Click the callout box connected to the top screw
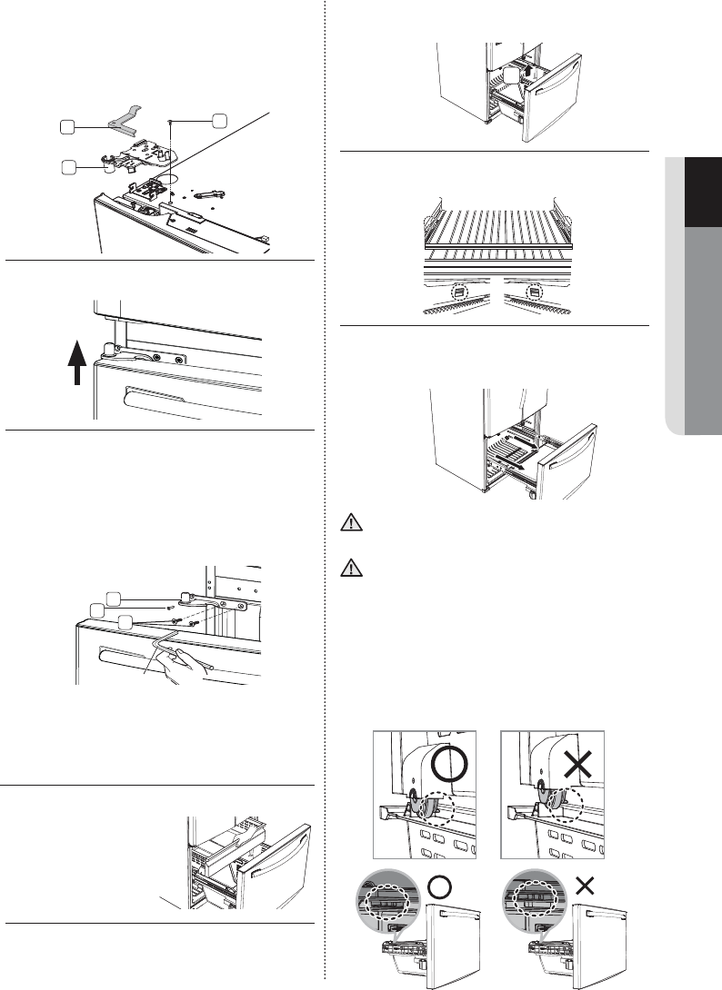[219, 120]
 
